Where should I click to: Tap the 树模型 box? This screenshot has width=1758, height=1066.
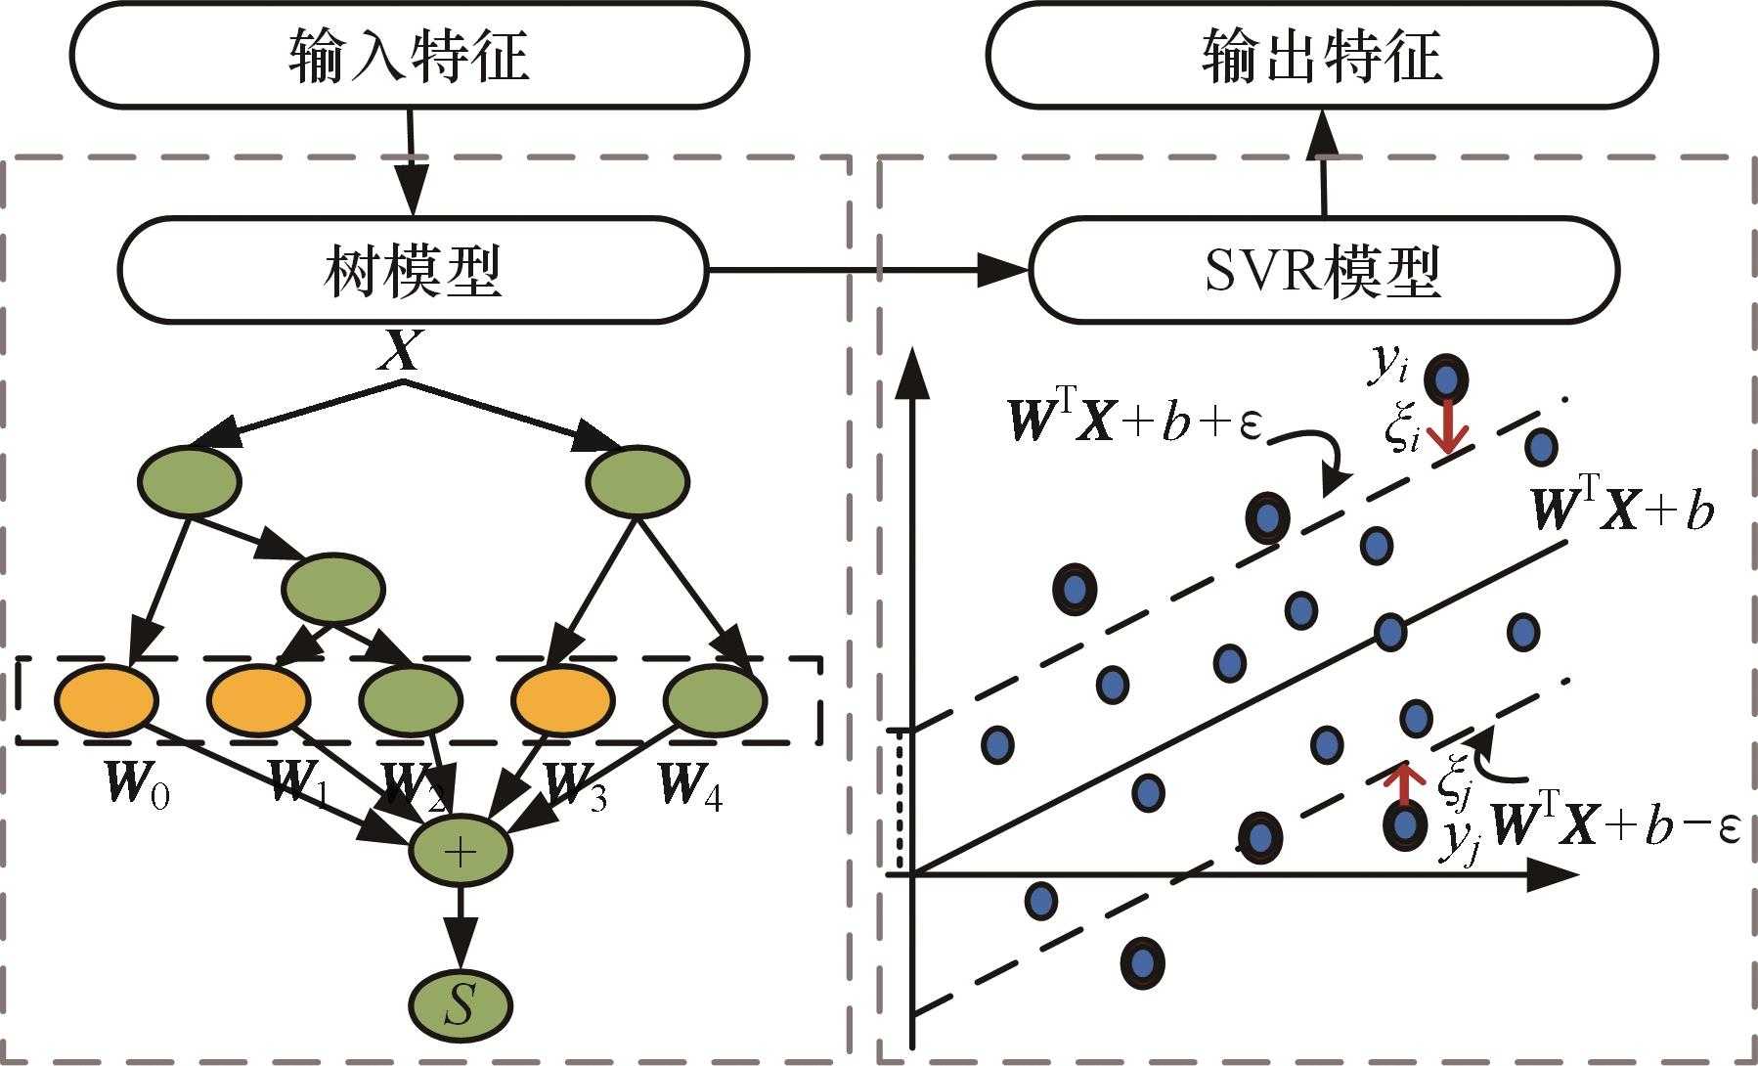pos(412,269)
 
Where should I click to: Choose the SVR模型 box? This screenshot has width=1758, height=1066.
pos(1325,269)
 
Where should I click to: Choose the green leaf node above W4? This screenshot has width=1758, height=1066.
pos(716,699)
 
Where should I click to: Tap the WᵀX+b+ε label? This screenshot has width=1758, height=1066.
pos(1135,423)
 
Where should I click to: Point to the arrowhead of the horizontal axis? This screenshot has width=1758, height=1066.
pos(1557,873)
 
